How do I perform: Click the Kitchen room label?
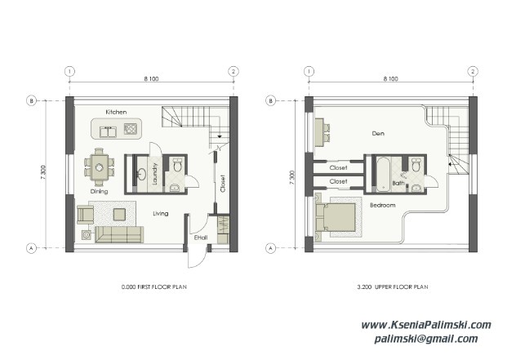(x=117, y=111)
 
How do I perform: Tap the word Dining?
(x=98, y=191)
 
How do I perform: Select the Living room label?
(x=161, y=213)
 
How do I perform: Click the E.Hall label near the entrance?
(x=200, y=237)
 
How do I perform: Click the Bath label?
(x=398, y=184)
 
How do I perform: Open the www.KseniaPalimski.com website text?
(x=426, y=325)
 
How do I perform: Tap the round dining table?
(x=99, y=167)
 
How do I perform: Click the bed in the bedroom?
(x=338, y=219)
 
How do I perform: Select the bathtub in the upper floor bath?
(x=381, y=173)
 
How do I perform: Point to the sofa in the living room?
(x=118, y=235)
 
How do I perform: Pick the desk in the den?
(x=318, y=127)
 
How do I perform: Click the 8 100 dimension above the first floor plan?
(x=152, y=79)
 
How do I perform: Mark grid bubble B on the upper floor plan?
(x=270, y=101)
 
